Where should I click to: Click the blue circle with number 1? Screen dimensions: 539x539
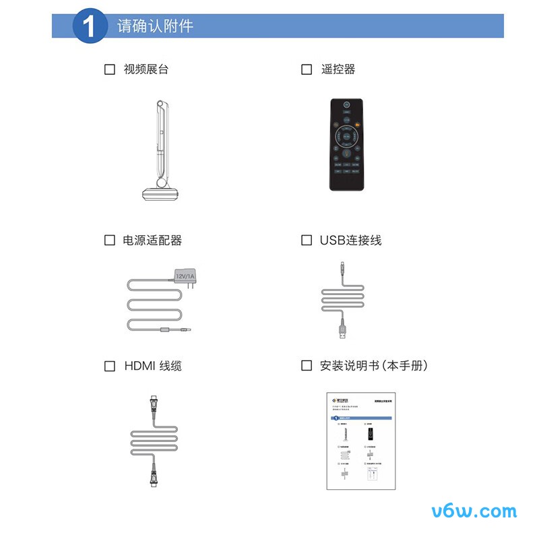click(x=90, y=26)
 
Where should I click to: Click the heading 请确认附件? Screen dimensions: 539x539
click(x=155, y=26)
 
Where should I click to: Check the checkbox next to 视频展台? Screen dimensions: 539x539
click(x=110, y=69)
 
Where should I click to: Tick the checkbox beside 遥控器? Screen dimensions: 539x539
click(x=307, y=69)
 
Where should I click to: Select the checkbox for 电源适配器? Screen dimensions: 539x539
click(x=110, y=241)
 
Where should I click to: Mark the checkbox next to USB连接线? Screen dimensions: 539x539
click(x=307, y=241)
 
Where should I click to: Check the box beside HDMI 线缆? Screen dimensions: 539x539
click(x=110, y=367)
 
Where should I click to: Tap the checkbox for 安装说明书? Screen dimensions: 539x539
click(x=307, y=366)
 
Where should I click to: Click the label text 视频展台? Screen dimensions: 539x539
click(x=146, y=69)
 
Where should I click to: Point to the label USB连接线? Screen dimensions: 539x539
click(x=350, y=241)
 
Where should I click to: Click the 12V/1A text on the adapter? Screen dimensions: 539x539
click(x=185, y=276)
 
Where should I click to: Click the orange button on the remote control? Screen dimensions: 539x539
click(x=358, y=125)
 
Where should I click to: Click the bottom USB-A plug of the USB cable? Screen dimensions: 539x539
click(x=343, y=331)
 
